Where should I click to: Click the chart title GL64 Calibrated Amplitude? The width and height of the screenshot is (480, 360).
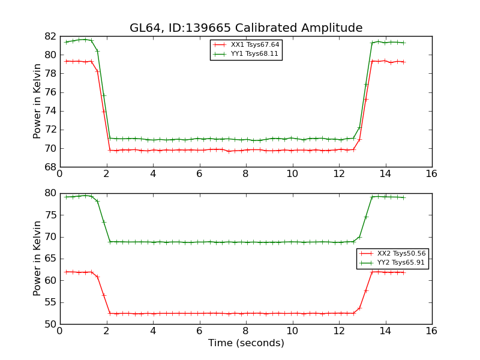coord(246,28)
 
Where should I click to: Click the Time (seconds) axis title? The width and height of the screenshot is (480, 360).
coord(246,343)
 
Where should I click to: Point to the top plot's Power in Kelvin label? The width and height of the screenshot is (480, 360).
coord(37,101)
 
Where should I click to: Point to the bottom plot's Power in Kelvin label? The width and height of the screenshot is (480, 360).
coord(37,258)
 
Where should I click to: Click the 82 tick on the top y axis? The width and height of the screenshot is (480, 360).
coord(50,36)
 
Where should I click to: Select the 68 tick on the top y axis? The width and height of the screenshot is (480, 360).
coord(50,167)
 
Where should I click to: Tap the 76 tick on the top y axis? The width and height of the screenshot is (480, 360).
coord(50,92)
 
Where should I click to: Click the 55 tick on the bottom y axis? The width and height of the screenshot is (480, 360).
coord(50,302)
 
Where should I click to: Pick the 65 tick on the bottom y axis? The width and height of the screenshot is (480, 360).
coord(50,259)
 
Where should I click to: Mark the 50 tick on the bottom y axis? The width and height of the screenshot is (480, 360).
coord(50,324)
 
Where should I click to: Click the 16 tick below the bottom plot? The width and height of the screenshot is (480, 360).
coord(431,331)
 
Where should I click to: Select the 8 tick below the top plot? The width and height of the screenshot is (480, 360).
coord(245,173)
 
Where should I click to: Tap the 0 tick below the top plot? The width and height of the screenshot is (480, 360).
coord(59,173)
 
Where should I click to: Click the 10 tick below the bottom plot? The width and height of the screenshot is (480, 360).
coord(292,331)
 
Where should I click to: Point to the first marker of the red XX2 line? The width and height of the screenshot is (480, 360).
coord(66,272)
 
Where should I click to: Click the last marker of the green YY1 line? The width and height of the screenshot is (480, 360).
coord(404,43)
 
